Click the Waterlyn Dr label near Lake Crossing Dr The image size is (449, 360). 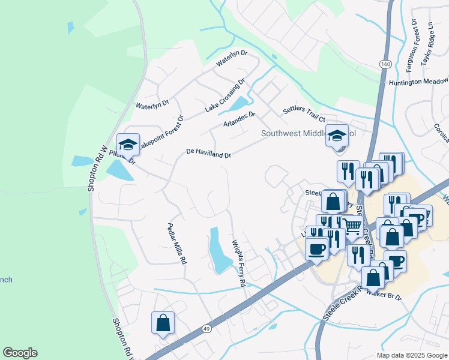click(232, 58)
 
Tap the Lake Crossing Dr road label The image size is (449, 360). click(225, 95)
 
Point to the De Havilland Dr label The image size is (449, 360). click(208, 154)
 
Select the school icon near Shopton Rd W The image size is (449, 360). click(128, 144)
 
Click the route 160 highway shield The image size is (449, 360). click(385, 64)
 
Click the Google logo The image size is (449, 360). click(20, 353)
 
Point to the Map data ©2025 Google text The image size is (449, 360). click(412, 355)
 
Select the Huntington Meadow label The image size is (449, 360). click(418, 82)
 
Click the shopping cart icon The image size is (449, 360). click(352, 227)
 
